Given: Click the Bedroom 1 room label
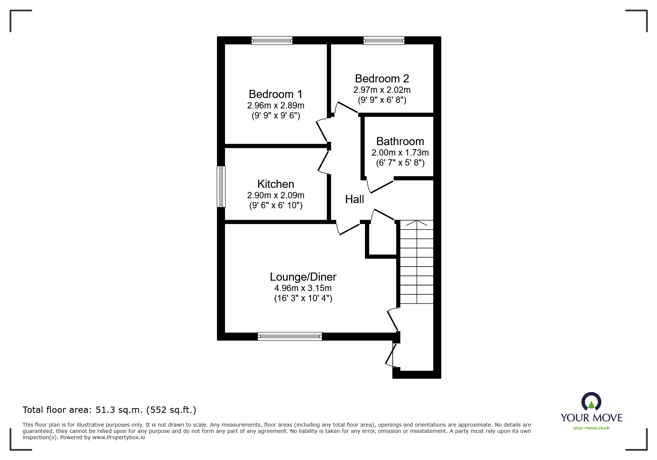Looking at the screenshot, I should [x=275, y=94].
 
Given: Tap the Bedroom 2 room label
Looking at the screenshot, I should [x=382, y=79].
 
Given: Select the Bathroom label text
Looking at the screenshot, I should [x=400, y=141].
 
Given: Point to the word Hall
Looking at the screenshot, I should [x=354, y=199].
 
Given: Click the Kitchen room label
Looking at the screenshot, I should [x=276, y=184].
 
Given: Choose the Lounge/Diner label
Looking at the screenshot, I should [x=303, y=277].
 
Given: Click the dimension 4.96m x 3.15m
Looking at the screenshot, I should [x=303, y=288].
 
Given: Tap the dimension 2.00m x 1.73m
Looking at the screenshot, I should [x=400, y=153].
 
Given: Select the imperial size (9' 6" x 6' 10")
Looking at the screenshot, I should [x=276, y=205].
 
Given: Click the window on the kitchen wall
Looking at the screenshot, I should [x=221, y=186].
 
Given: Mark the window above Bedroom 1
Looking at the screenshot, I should [x=272, y=40].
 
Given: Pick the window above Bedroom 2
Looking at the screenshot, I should [x=384, y=40].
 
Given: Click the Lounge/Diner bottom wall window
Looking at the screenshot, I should [x=290, y=336].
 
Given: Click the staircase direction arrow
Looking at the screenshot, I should [x=417, y=224].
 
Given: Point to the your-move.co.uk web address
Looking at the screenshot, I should [x=591, y=428].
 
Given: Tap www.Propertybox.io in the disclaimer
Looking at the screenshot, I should [x=119, y=437].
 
